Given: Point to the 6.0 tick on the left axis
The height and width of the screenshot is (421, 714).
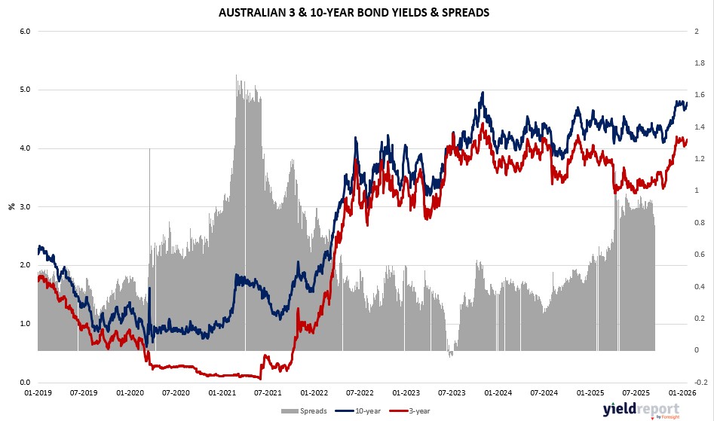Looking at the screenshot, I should click(24, 32).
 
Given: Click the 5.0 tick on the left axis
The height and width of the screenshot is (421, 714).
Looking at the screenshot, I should click(24, 90).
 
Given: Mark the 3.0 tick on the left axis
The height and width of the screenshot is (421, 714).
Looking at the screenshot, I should click(24, 206).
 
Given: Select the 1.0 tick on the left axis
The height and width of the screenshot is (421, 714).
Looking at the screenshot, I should click(24, 324).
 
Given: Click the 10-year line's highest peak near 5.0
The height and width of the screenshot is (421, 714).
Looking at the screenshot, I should click(482, 93).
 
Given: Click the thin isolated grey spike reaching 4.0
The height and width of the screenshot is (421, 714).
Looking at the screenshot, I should click(149, 151).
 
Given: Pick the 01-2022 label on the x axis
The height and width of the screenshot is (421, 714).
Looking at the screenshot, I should click(314, 392).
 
